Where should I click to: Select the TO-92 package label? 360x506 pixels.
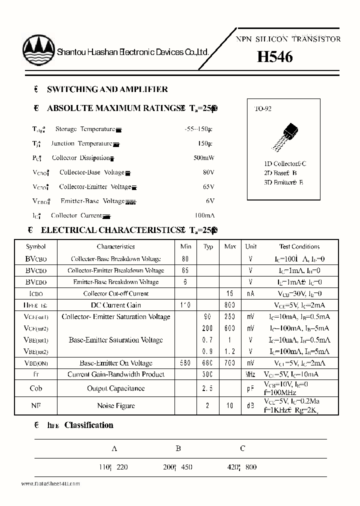click(263, 108)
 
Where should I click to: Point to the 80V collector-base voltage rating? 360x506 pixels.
click(208, 172)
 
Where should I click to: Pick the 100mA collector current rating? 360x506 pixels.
click(204, 215)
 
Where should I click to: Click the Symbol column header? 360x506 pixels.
click(36, 246)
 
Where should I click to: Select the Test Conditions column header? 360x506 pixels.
click(299, 246)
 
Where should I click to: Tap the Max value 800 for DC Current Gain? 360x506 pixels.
click(230, 305)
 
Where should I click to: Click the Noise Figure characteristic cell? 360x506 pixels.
click(115, 405)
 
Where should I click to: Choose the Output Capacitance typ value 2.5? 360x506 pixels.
click(208, 388)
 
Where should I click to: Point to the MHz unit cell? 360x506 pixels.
click(251, 374)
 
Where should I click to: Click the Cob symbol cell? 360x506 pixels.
click(36, 388)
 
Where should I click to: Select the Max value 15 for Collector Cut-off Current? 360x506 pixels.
click(230, 293)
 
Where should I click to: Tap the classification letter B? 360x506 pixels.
click(177, 448)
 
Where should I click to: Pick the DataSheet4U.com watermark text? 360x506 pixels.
click(50, 483)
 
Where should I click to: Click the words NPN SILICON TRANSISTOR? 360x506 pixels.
click(288, 39)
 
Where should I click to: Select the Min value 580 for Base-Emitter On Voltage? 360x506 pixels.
click(185, 363)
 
